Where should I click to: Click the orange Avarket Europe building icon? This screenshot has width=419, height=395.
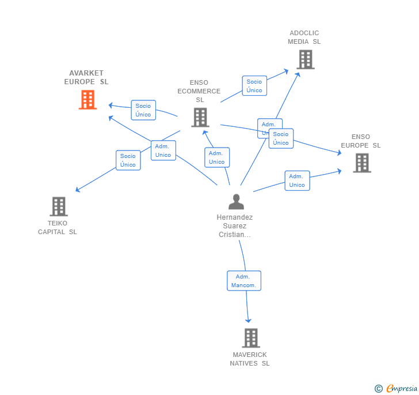tap(87, 99)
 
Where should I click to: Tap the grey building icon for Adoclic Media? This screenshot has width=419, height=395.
tap(306, 59)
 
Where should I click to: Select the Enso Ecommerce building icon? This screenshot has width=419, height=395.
tap(200, 117)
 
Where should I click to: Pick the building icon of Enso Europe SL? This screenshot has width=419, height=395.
tap(361, 163)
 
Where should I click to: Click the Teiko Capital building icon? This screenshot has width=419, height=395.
tap(58, 206)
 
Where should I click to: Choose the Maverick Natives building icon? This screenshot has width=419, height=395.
tap(250, 338)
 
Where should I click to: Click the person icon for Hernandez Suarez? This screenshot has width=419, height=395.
tap(236, 202)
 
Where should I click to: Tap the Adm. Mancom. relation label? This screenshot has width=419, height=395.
tap(244, 281)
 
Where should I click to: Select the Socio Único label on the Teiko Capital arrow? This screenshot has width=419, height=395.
tap(128, 160)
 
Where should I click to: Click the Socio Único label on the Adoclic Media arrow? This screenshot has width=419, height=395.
tap(254, 85)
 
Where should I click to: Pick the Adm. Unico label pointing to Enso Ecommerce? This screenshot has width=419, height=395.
tap(217, 157)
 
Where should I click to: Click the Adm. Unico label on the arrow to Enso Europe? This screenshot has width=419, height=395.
tap(297, 180)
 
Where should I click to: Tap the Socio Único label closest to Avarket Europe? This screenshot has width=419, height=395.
tap(143, 110)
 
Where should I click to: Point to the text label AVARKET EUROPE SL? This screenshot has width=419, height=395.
tap(86, 77)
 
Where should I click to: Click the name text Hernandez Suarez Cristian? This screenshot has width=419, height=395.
tap(235, 226)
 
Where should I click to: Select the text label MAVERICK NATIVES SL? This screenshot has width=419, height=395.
tap(250, 359)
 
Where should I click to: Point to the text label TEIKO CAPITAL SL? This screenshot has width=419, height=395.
tap(58, 227)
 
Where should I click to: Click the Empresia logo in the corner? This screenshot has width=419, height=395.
tap(396, 388)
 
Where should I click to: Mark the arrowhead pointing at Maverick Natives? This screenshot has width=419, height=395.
tap(249, 321)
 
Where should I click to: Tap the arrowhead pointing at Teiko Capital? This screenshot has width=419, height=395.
tap(78, 190)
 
